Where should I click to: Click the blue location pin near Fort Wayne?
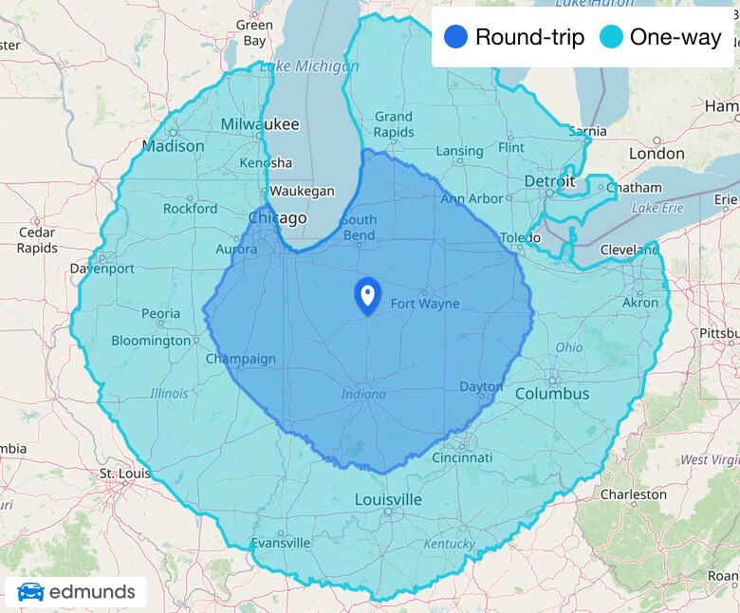point(367,294)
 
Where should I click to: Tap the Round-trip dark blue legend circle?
point(455,37)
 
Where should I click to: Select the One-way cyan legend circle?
point(612,37)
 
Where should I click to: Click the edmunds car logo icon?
point(30,593)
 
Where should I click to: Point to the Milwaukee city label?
point(259,124)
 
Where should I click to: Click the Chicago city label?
point(277,218)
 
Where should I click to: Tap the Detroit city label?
point(549,180)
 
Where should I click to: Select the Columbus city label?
point(552,394)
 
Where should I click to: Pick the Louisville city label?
point(388,499)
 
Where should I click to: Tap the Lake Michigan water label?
point(309,66)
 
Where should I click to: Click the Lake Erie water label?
point(657,207)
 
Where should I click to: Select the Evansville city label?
point(281,543)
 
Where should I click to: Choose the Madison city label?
point(173,146)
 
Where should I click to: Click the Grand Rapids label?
point(393,124)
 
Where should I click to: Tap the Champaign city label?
point(241,359)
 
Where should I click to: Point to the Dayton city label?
point(481,386)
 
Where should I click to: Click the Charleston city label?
point(633,494)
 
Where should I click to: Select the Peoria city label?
point(160,313)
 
